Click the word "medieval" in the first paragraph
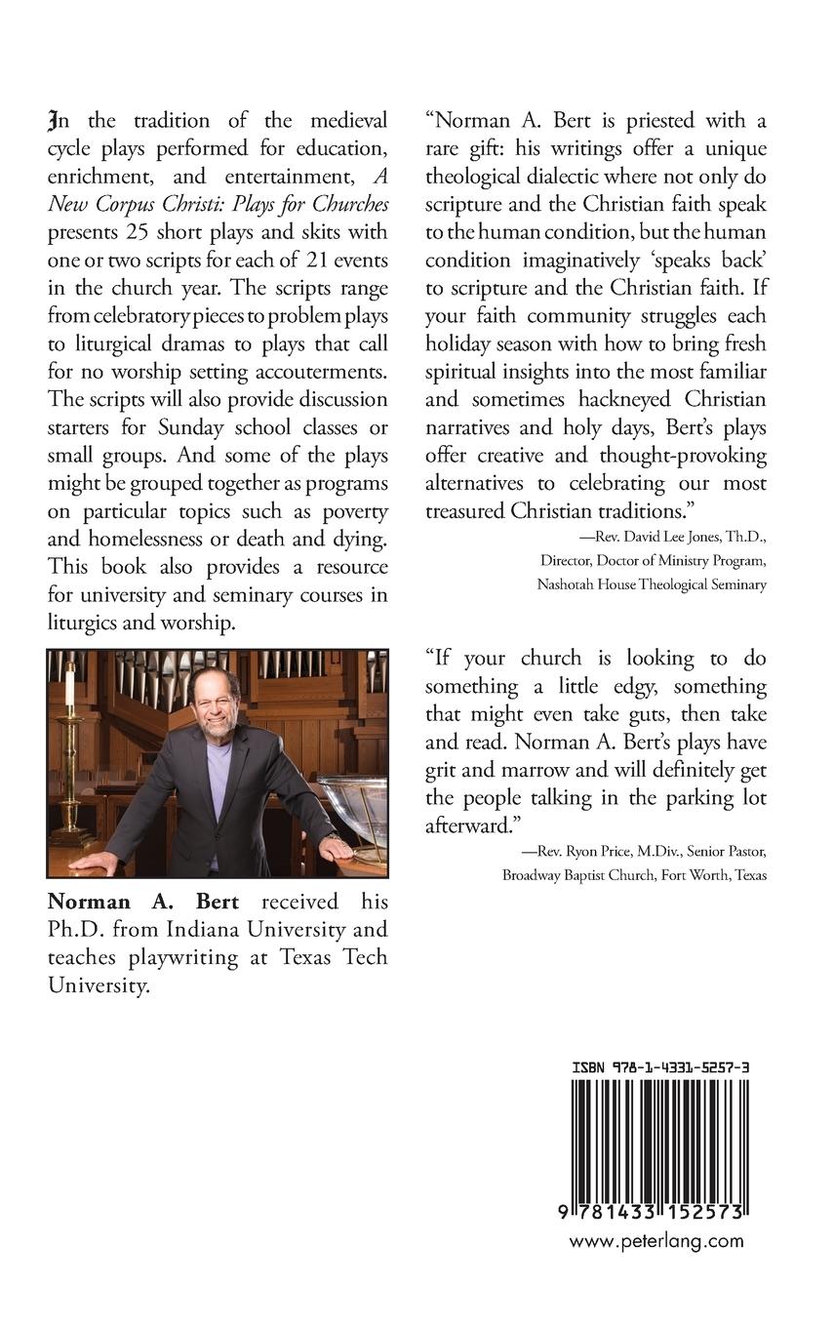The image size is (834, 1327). click(x=344, y=121)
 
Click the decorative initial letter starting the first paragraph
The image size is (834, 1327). click(x=53, y=122)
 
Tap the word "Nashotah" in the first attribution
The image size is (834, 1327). click(x=568, y=584)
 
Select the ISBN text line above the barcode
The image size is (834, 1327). click(x=660, y=1068)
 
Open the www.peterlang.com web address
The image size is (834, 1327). click(x=655, y=1242)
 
